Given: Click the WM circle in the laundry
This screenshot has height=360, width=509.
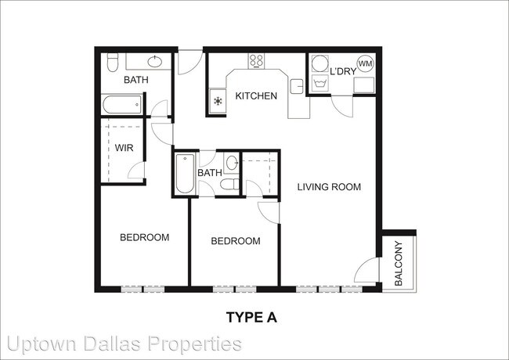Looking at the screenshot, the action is (365, 63).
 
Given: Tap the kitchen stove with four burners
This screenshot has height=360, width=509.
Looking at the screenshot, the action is (256, 60).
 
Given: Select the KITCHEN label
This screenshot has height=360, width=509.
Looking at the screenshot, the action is (256, 96).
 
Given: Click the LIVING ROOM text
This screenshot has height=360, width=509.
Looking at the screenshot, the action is (329, 187).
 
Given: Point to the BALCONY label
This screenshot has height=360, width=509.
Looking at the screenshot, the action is (399, 264).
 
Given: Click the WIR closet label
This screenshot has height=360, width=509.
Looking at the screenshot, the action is (124, 148).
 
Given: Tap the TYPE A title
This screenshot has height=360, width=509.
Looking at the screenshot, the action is (251, 317).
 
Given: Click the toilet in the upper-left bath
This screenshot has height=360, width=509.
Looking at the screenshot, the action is (113, 63).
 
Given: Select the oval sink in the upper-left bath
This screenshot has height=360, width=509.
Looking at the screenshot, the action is (155, 62).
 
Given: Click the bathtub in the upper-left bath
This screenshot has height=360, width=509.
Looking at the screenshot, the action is (122, 104).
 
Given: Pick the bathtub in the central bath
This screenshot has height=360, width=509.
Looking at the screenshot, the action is (185, 174).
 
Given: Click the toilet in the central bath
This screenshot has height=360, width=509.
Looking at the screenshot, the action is (229, 184).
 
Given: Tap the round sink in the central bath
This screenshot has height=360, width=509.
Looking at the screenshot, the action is (232, 163).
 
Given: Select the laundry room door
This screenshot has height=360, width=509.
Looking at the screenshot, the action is (341, 106).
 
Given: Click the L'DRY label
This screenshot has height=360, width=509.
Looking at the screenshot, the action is (343, 71).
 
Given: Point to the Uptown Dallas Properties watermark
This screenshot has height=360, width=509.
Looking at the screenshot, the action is (125, 344).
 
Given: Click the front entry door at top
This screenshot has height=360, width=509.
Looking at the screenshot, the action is (190, 63).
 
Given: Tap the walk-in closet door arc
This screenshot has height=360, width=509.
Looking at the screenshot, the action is (135, 171).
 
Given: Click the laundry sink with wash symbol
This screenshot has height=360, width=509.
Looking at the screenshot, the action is (320, 84).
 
